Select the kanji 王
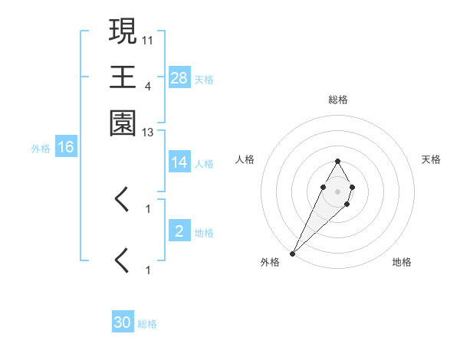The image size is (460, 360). [123, 77]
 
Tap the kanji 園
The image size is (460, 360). [123, 123]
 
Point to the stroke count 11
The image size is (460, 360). [148, 39]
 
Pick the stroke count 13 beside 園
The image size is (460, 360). [148, 132]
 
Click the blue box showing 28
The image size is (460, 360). [179, 77]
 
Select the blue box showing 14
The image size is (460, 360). [179, 162]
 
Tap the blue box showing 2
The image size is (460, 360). [179, 231]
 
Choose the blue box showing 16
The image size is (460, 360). [66, 147]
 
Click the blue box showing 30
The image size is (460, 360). [123, 322]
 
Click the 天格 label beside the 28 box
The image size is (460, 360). [203, 79]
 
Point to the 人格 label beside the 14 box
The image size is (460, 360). [203, 163]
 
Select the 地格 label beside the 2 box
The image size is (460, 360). [203, 232]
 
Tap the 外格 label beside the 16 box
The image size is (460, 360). [41, 149]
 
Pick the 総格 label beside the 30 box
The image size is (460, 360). [146, 324]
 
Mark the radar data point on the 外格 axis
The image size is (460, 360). [293, 253]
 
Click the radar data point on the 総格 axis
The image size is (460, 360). [337, 161]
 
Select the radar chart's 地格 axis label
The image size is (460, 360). [402, 263]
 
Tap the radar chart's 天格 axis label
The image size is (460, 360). [431, 159]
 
